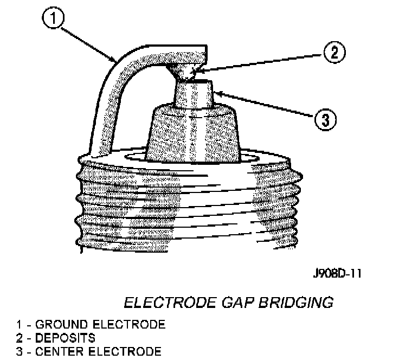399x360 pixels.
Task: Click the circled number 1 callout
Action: tap(53, 17)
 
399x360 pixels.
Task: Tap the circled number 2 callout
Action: tap(334, 52)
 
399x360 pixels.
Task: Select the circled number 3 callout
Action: tap(325, 120)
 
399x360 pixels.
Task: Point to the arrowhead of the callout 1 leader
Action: tap(115, 60)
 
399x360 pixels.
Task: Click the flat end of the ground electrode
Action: tap(205, 54)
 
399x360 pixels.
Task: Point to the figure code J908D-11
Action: tap(337, 273)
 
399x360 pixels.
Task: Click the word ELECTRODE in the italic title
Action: tap(170, 303)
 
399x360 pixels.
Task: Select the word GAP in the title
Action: tap(237, 303)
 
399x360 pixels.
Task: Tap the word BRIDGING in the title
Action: tap(296, 303)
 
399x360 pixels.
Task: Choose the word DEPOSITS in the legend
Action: tap(65, 338)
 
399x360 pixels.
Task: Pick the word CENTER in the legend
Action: tap(60, 351)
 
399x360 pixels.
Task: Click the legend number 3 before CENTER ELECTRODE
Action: tap(20, 351)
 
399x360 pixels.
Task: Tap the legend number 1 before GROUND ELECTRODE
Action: tap(19, 324)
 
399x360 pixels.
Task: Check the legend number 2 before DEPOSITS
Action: tap(20, 338)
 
